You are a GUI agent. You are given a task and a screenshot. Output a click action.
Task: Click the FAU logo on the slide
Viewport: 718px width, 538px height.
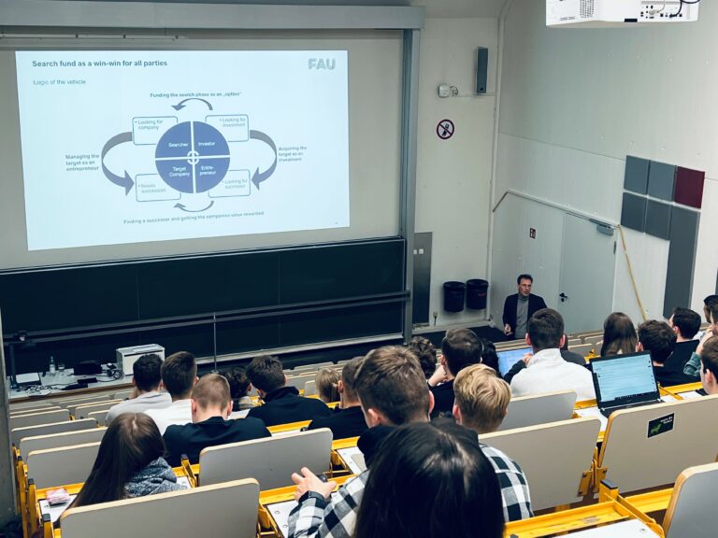pyautogui.click(x=321, y=64)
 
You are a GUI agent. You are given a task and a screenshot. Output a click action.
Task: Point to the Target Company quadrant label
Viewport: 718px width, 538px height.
pyautogui.click(x=179, y=172)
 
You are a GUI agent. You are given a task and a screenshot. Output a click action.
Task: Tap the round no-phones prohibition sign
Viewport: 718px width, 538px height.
pyautogui.click(x=445, y=129)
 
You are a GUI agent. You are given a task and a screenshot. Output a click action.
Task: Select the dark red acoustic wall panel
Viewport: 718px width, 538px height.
pyautogui.click(x=689, y=187)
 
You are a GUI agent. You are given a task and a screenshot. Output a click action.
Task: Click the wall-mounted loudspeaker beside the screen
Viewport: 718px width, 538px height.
pyautogui.click(x=481, y=70)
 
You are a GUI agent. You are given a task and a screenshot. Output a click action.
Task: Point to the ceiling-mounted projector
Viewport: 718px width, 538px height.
pyautogui.click(x=622, y=11)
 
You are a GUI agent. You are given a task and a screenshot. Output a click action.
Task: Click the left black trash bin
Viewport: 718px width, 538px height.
pyautogui.click(x=454, y=295)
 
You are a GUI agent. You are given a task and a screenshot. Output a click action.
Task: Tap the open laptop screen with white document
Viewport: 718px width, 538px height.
pyautogui.click(x=624, y=378)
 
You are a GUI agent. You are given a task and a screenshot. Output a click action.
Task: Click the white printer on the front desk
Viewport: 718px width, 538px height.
pyautogui.click(x=139, y=357)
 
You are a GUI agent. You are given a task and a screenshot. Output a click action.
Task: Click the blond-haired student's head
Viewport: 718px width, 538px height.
pyautogui.click(x=481, y=397)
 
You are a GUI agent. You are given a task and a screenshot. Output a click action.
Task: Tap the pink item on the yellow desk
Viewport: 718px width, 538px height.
pyautogui.click(x=58, y=495)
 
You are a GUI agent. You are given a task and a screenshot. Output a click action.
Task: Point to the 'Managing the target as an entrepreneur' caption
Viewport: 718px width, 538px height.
pyautogui.click(x=82, y=164)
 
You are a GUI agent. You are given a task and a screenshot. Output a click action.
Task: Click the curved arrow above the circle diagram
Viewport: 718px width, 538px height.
pyautogui.click(x=193, y=105)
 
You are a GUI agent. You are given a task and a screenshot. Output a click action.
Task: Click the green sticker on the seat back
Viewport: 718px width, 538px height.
pyautogui.click(x=660, y=425)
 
